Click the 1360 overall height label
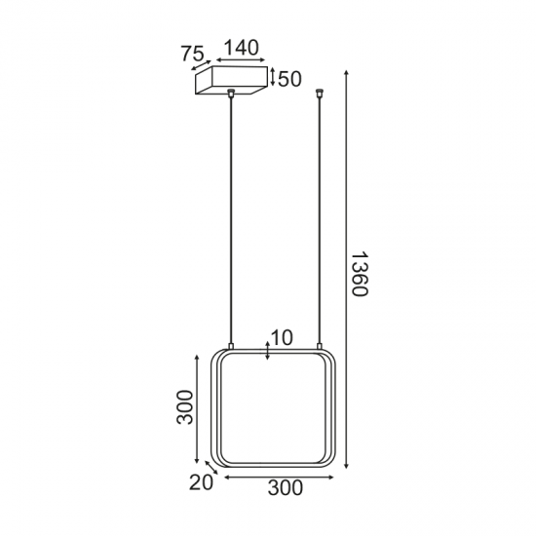[x=358, y=275]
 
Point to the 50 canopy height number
[x=289, y=79]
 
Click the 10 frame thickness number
[x=283, y=338]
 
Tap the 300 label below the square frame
[x=284, y=489]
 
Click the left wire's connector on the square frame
[x=231, y=346]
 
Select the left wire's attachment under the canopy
[x=231, y=95]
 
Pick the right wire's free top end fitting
[x=321, y=95]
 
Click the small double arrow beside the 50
[x=273, y=78]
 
